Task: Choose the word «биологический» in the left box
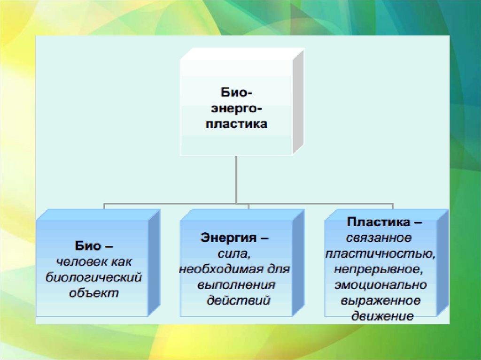coord(93,277)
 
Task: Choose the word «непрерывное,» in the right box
coord(380,269)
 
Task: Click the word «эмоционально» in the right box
coord(380,285)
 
